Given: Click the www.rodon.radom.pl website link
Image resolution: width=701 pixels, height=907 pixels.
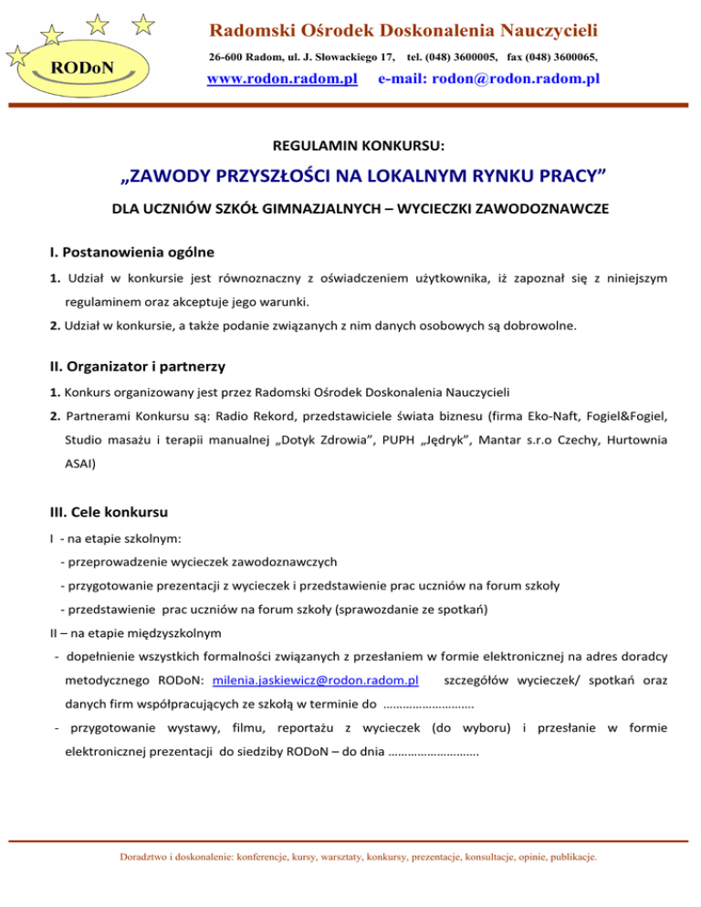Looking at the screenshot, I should pos(281,79).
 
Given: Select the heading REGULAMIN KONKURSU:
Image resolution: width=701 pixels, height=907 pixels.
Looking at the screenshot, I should pos(350,144).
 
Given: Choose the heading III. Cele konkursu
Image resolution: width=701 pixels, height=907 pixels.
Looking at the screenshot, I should pos(109,506).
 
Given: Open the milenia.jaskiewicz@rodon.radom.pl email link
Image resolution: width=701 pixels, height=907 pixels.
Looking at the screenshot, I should pos(315,681).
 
